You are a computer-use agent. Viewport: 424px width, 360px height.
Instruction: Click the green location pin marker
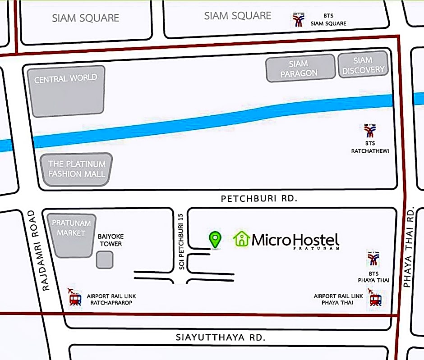tap(215, 239)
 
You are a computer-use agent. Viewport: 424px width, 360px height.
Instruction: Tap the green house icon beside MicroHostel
tap(242, 239)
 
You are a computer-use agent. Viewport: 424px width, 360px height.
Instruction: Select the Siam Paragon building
tap(300, 68)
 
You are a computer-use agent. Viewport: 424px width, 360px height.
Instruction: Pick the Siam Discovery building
tap(363, 65)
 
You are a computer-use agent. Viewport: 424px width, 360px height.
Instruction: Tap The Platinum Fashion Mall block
tap(77, 169)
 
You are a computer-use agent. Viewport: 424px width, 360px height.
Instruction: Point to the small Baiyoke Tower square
tap(105, 260)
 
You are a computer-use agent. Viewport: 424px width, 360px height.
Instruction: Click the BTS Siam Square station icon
tap(298, 20)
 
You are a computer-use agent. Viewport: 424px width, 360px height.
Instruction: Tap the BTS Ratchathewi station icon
tap(370, 131)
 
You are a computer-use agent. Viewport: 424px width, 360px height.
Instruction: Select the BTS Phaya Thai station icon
tap(373, 259)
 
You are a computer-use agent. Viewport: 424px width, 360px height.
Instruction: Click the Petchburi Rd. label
tap(259, 198)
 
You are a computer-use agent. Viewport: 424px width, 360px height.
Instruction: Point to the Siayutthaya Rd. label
tap(220, 337)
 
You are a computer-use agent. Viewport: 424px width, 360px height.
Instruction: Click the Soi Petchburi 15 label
tap(181, 242)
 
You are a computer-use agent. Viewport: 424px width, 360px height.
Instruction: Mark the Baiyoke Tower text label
tap(111, 240)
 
